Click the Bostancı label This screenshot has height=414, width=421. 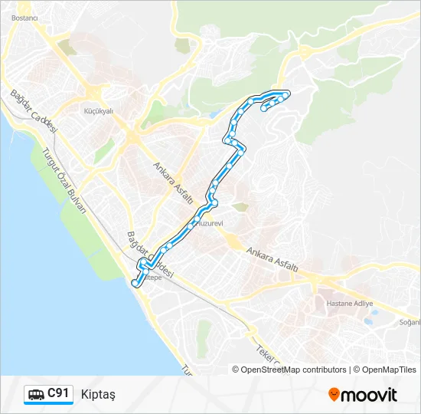pos(25,17)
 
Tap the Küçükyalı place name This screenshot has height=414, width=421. pos(97,110)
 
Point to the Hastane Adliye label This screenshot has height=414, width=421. pos(350,304)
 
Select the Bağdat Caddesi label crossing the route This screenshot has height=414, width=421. pos(151,255)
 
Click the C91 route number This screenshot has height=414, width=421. pos(59,393)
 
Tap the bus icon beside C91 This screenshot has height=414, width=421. pos(36,394)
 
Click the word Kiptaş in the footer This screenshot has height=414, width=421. pos(97,394)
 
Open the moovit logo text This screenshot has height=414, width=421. pos(369,395)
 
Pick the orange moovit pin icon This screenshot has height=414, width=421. pos(334,394)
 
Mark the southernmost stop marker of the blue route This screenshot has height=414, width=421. pos(135,284)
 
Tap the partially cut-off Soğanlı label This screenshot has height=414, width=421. pos(410,322)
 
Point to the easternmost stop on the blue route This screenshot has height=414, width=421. pos(286,94)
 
